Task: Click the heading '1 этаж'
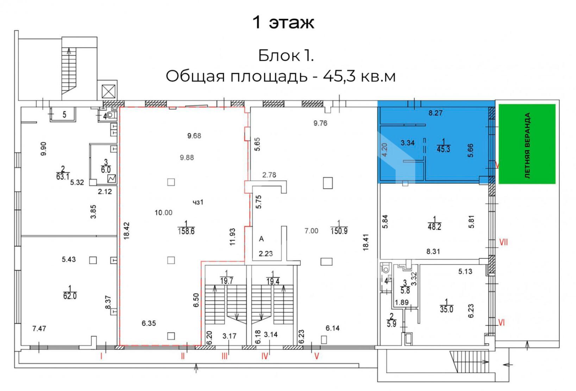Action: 283,22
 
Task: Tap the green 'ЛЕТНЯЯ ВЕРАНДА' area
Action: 527,144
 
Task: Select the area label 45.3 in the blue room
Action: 443,149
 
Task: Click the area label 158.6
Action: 186,231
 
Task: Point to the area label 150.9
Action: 339,231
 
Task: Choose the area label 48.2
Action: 434,226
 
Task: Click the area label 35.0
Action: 446,309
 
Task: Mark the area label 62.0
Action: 70,296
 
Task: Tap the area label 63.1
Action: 63,176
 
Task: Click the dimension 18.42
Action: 127,231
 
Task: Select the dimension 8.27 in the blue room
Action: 436,113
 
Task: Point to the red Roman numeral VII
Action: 503,242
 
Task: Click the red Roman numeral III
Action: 224,356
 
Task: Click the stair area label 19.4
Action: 273,280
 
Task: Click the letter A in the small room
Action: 261,239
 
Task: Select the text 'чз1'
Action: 198,202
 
